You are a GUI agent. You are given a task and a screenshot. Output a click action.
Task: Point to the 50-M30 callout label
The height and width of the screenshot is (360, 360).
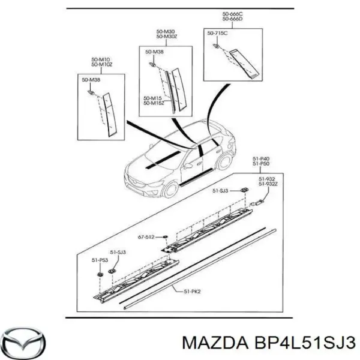click(166, 32)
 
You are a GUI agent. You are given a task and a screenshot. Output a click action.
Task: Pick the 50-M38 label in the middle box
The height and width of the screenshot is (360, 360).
click(155, 52)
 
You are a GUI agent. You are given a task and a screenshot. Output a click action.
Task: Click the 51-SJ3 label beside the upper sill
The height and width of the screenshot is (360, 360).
click(220, 190)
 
